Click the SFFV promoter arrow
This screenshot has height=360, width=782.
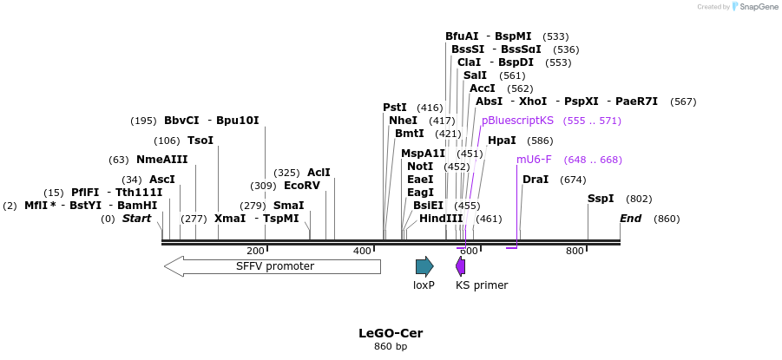tap(273, 266)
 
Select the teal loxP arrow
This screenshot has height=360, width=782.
tap(424, 266)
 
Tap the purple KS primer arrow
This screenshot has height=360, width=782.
tap(460, 266)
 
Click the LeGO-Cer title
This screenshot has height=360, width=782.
tap(391, 333)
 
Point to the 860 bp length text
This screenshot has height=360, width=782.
tap(391, 347)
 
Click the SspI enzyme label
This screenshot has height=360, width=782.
tap(601, 199)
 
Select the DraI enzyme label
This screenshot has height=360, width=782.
tap(536, 180)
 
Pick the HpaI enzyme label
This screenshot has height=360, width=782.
tap(502, 141)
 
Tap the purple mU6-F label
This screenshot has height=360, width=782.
tap(534, 160)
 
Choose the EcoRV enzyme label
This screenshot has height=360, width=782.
tap(302, 186)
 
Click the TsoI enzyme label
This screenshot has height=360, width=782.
tap(200, 141)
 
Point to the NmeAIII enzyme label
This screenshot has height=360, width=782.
tap(162, 160)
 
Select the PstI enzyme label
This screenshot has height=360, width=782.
tap(395, 108)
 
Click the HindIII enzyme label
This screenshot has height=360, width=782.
tap(441, 219)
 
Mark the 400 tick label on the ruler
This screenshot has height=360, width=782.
tap(362, 251)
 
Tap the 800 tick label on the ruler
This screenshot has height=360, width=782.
tap(575, 251)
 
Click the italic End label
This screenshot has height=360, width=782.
tap(630, 219)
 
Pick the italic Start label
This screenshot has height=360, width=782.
tap(136, 219)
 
